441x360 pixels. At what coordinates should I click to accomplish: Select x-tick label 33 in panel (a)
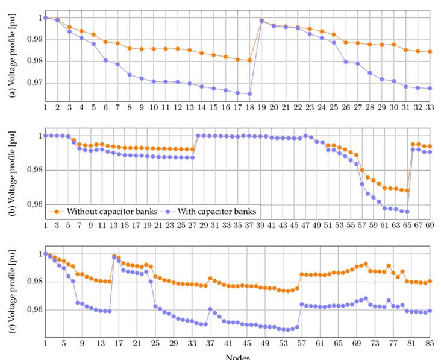(430, 107)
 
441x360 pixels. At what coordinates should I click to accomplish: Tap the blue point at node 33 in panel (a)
(430, 88)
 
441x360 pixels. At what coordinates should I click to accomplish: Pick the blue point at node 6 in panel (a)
(105, 60)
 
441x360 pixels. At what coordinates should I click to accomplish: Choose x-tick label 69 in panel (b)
(430, 225)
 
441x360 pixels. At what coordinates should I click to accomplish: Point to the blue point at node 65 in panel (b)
(407, 212)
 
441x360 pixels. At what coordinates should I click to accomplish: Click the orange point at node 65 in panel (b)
(407, 191)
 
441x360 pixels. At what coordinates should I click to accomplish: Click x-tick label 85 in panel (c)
(430, 343)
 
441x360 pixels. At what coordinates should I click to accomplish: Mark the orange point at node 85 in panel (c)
(430, 281)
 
